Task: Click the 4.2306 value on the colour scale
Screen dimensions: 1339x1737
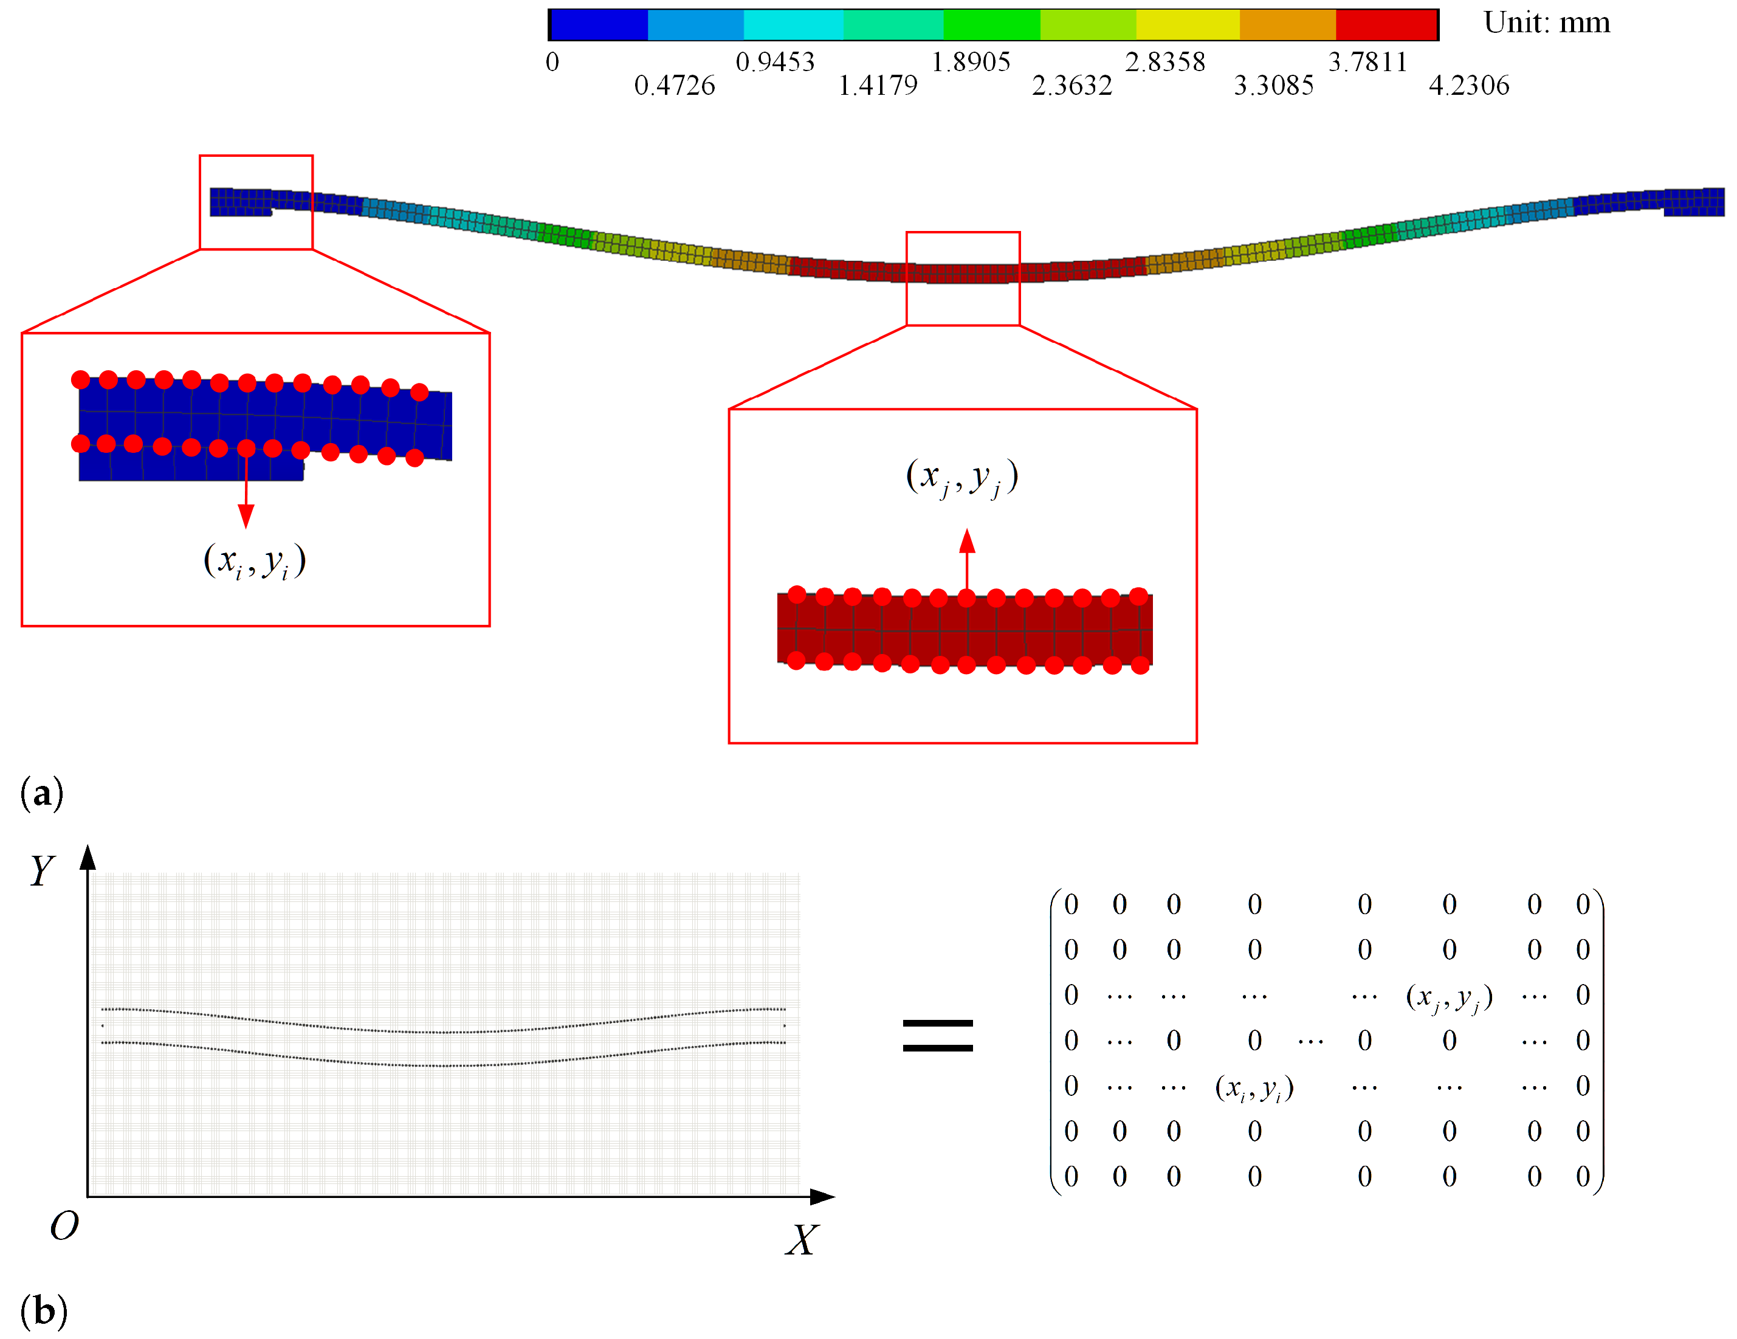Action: [x=1468, y=85]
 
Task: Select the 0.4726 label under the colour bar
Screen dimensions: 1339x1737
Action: [x=675, y=85]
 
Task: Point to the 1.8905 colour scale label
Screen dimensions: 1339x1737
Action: [x=971, y=61]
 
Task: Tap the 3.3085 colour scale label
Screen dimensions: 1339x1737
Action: [x=1273, y=85]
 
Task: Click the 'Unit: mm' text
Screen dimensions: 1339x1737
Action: [x=1546, y=22]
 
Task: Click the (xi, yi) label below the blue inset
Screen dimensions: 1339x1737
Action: [x=255, y=561]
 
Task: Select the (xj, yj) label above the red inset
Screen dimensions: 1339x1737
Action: [x=961, y=477]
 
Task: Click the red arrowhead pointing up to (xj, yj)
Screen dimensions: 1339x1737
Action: [x=967, y=542]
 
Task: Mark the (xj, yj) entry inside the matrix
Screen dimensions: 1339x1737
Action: [x=1449, y=997]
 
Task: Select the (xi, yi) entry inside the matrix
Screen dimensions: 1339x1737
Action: [x=1254, y=1087]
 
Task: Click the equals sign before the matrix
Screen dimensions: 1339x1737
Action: [x=938, y=1035]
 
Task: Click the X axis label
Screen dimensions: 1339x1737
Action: [x=802, y=1239]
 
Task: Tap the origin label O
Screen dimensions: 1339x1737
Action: [x=64, y=1226]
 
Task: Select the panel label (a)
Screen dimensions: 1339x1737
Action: [x=42, y=793]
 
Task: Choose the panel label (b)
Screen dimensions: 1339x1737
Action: [x=43, y=1310]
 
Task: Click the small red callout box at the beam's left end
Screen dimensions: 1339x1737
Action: [x=256, y=202]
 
